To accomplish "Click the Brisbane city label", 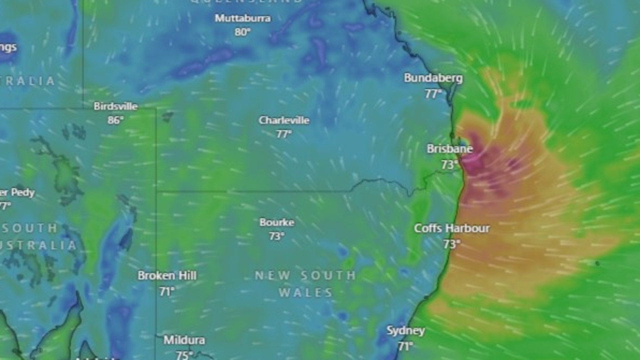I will coord(449,149).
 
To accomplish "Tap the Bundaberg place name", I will coord(433,78).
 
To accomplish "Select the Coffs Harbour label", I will coord(451,228).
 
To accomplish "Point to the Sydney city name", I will coord(405,331).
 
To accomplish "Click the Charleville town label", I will coord(284,120).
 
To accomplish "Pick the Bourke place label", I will coord(277,222).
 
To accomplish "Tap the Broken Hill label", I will coord(167,275).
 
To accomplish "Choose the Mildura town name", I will coord(184,340).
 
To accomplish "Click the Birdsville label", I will coord(116,106).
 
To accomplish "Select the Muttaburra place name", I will coord(243,18).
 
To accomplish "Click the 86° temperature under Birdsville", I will coord(116,120).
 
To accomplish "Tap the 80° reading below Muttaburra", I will coord(243,32).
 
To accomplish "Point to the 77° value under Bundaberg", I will coord(433,94).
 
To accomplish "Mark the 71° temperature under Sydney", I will coord(405,346).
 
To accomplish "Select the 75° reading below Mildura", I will coord(184,355).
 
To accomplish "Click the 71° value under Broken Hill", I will coord(167,291).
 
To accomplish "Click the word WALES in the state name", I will coord(306,293).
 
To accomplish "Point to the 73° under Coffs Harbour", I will coord(451,244).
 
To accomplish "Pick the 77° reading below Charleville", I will coord(284,134).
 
